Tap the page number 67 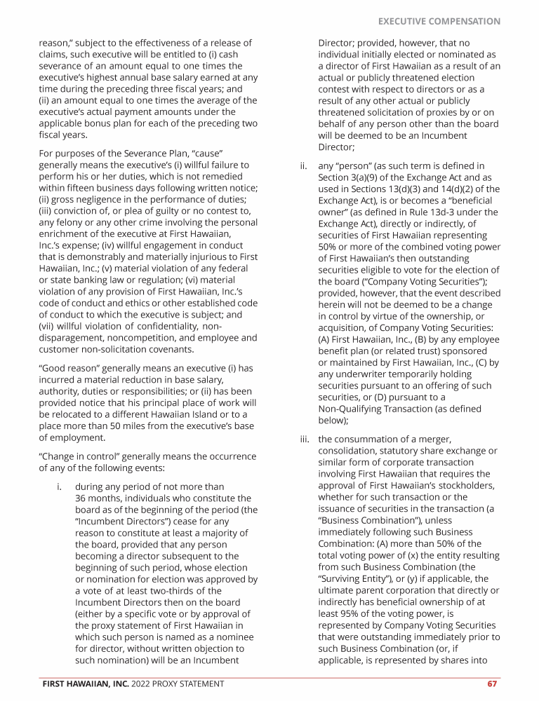[x=492, y=683]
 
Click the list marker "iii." [x=304, y=440]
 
